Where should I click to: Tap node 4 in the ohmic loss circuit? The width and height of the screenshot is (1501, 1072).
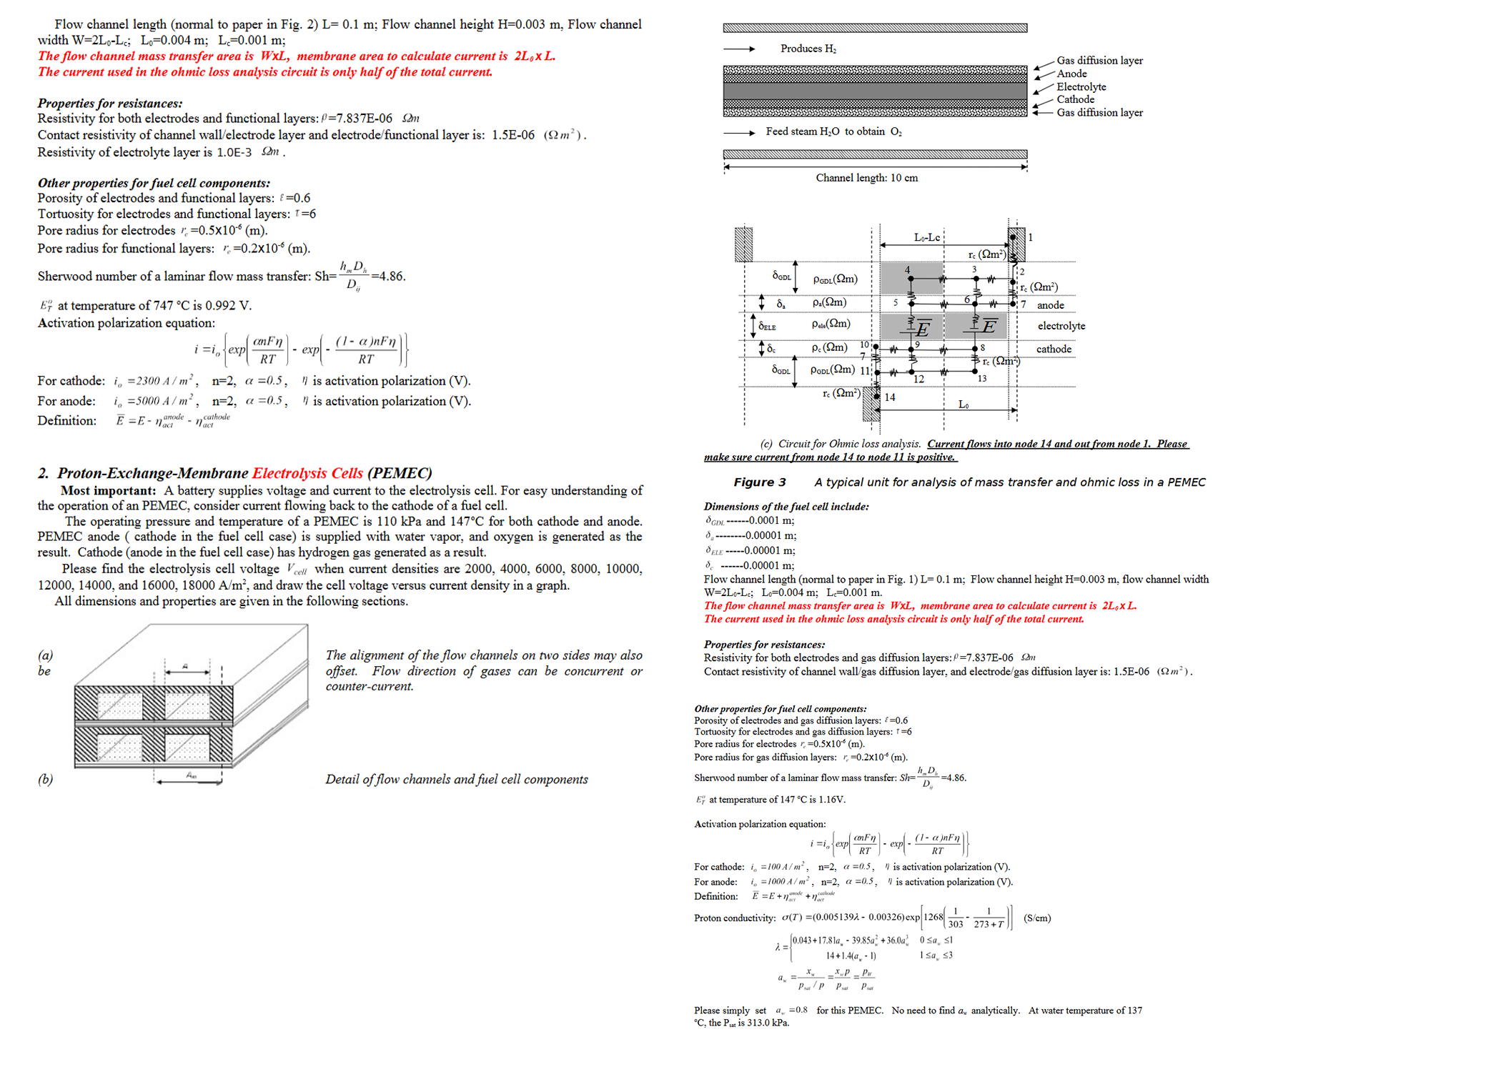click(x=908, y=270)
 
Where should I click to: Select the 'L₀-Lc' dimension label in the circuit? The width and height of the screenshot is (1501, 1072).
click(x=927, y=237)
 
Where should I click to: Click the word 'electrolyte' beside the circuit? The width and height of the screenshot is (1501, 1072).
click(x=1061, y=326)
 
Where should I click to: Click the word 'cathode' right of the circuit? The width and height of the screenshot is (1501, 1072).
click(x=1054, y=349)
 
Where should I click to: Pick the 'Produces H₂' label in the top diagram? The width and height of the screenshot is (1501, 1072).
click(x=808, y=49)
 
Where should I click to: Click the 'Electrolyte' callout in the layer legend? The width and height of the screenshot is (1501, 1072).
click(x=1081, y=86)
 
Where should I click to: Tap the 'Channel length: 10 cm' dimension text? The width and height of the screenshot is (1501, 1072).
click(x=866, y=178)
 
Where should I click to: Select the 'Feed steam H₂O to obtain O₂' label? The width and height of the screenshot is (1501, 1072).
click(x=833, y=131)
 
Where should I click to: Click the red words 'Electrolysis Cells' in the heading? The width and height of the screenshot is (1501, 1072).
click(x=307, y=473)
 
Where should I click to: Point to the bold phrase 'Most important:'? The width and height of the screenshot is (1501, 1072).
click(x=108, y=490)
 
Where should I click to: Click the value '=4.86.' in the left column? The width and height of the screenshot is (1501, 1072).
click(x=388, y=277)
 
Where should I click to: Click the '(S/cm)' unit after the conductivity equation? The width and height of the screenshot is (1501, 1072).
click(x=1037, y=918)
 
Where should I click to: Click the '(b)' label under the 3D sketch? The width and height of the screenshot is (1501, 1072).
click(x=45, y=779)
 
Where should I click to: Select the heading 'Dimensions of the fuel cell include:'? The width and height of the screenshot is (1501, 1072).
click(x=786, y=507)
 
